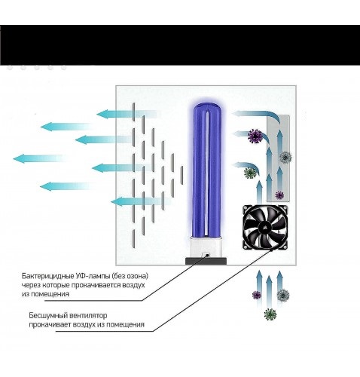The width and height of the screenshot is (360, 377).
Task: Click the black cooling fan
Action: coord(265,227)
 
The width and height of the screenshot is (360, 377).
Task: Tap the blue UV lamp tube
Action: coord(207,170)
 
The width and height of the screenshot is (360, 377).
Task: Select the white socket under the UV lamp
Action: coord(206,247)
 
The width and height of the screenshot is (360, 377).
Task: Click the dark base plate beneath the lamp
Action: coord(206,261)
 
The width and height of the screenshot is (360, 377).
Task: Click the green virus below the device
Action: coord(270,314)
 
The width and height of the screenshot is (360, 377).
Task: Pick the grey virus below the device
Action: coord(283,295)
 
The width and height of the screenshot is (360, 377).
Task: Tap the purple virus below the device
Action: coord(257,295)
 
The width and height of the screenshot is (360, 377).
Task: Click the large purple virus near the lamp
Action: coord(255,136)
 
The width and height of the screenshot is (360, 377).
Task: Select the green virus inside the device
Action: coord(250,173)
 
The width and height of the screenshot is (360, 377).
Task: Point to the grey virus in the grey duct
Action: coord(285,157)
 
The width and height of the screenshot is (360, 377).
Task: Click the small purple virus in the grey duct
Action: coord(279,195)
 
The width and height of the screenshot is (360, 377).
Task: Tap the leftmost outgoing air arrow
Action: coord(38,158)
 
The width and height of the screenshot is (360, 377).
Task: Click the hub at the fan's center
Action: coord(265,227)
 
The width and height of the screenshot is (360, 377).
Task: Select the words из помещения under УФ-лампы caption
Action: coord(45,294)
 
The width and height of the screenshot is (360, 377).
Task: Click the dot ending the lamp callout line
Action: coord(208,255)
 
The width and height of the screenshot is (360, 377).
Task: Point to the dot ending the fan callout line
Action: coord(272,250)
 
